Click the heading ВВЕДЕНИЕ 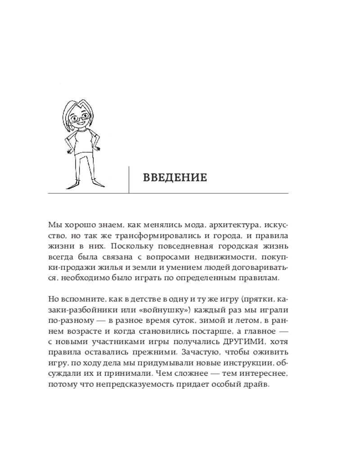pos(175,177)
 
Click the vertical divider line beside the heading pos(129,180)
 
